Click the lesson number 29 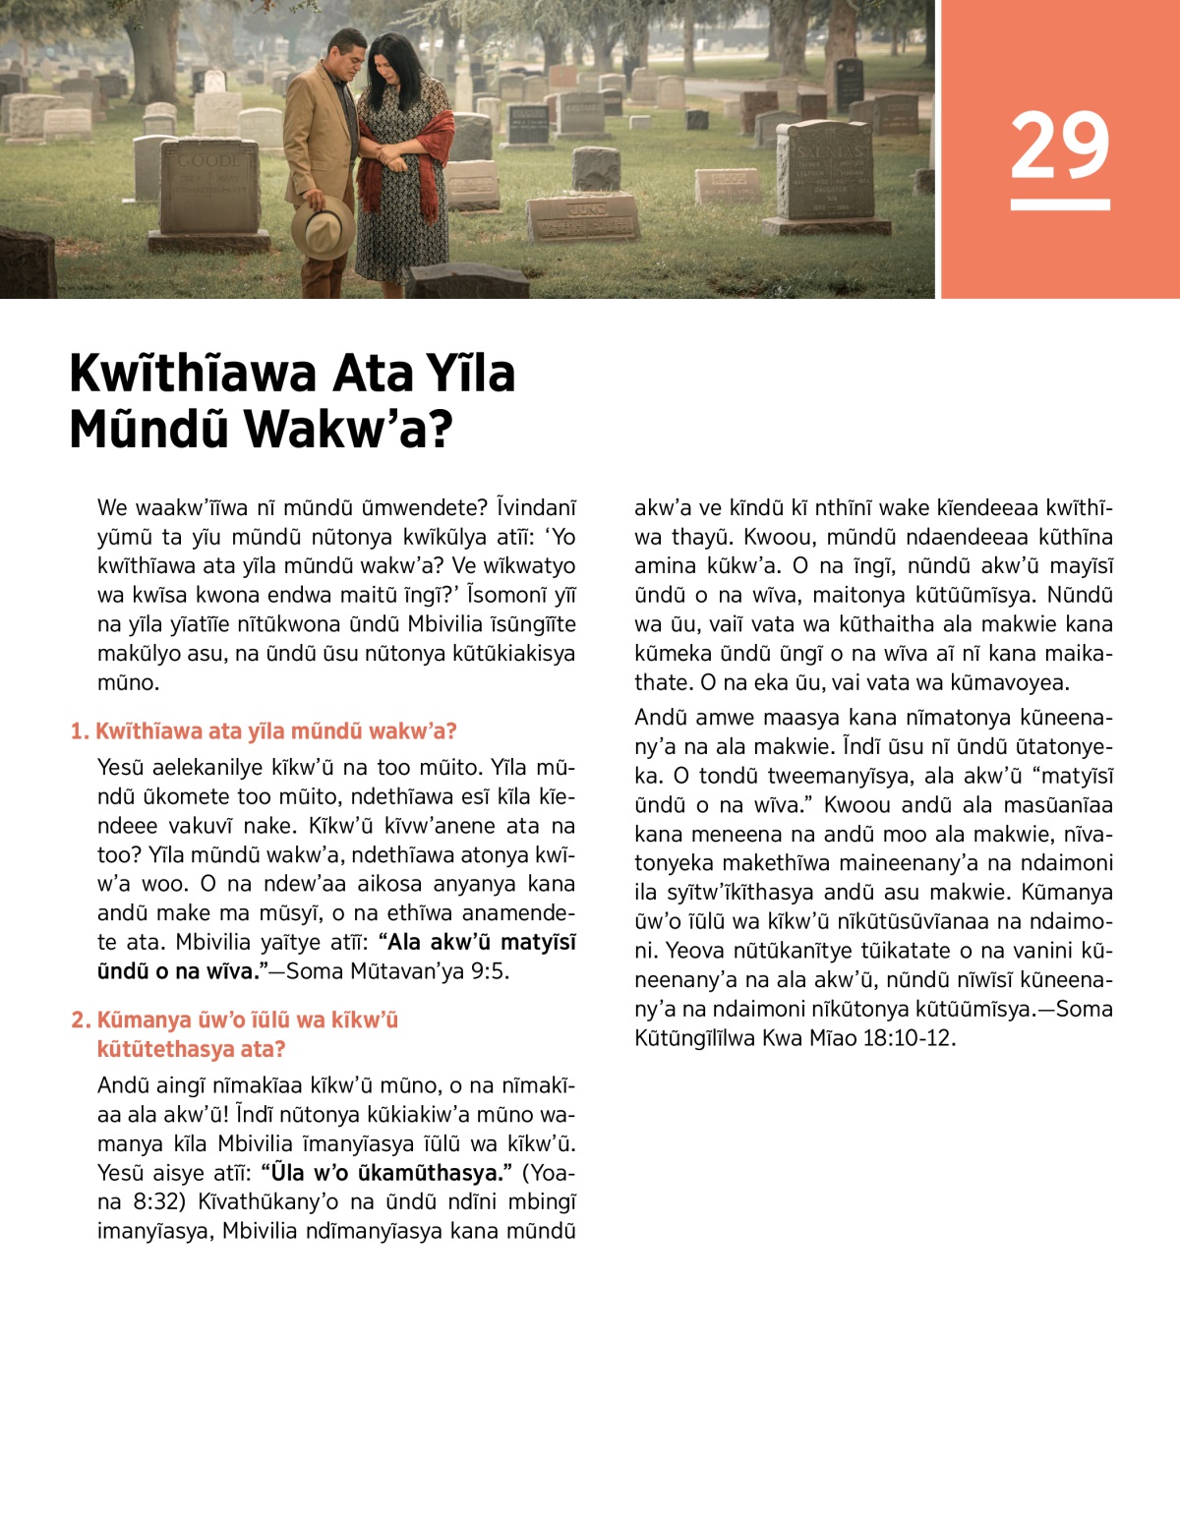pos(1059,145)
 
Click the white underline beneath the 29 pos(1059,204)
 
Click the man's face pos(348,61)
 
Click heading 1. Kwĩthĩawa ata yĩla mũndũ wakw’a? pos(264,731)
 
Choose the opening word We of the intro pos(112,508)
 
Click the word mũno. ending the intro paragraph pos(128,682)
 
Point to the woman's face pos(391,73)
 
